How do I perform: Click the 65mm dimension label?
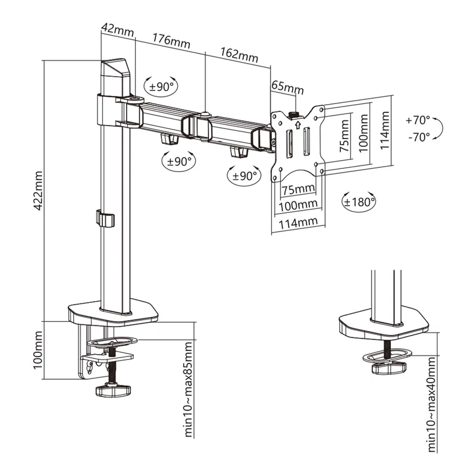(x=287, y=87)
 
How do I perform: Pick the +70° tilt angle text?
(x=418, y=120)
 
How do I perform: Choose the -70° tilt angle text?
(x=419, y=136)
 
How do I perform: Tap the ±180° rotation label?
(x=359, y=201)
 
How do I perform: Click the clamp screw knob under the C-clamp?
(x=112, y=391)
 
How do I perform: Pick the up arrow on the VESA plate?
(x=297, y=125)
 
